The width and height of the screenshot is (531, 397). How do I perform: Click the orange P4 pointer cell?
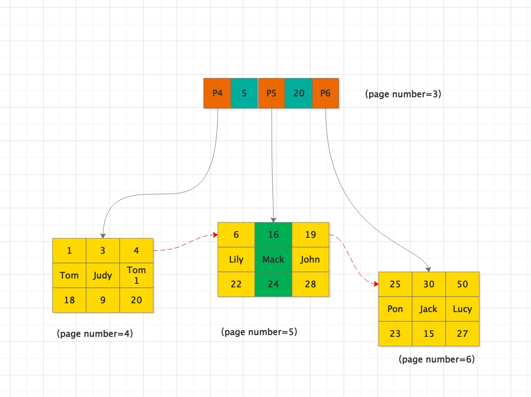(217, 93)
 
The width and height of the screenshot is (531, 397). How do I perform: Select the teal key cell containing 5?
(244, 93)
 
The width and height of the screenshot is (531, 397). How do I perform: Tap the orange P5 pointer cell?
(271, 93)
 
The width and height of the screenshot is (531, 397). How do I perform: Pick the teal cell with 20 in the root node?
(299, 93)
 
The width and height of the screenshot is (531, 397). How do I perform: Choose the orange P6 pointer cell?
(326, 93)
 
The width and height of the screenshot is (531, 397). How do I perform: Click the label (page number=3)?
(403, 94)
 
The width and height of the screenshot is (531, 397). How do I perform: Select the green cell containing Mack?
(273, 260)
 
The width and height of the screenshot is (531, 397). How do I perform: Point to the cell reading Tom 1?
(137, 275)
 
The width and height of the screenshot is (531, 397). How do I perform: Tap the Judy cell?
(103, 275)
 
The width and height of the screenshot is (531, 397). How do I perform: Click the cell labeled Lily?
(236, 260)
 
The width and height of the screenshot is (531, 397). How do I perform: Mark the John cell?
(311, 260)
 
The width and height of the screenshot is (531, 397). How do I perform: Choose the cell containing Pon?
(395, 309)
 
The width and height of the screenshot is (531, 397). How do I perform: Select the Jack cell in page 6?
(429, 309)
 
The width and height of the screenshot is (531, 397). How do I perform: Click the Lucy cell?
(463, 309)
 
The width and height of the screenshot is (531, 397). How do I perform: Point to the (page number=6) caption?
(437, 359)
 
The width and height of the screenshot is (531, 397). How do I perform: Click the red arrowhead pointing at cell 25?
(376, 284)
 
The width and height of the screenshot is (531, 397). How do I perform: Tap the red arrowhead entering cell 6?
(215, 235)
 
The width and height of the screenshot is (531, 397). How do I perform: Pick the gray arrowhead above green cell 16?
(273, 220)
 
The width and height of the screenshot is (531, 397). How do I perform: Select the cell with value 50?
(463, 284)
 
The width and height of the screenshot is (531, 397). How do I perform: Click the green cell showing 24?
(273, 284)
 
